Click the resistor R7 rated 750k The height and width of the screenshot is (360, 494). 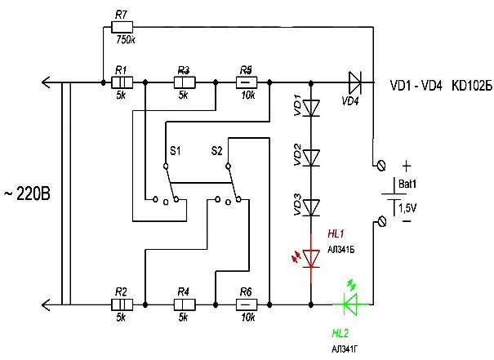tap(122, 27)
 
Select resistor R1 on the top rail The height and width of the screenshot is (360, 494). tap(122, 82)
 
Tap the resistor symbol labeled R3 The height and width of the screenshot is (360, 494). tap(184, 82)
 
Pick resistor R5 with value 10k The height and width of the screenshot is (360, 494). tap(247, 82)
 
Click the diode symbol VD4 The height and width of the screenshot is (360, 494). tap(352, 82)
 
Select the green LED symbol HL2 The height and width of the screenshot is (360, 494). tap(352, 304)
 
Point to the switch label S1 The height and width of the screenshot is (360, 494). tap(176, 151)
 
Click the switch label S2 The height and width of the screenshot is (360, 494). tap(216, 151)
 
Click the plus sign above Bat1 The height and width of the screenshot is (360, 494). tap(406, 163)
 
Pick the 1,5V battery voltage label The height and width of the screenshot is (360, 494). tap(406, 209)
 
